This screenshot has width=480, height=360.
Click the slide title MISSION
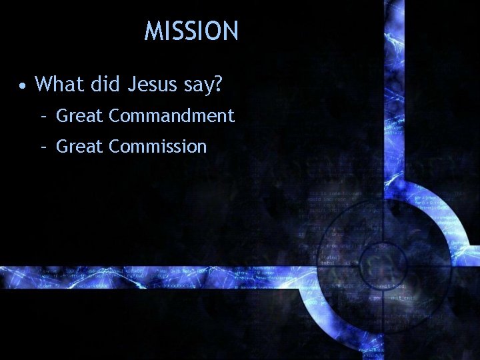click(x=191, y=31)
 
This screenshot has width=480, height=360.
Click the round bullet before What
click(x=23, y=85)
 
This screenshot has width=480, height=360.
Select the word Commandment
click(x=171, y=116)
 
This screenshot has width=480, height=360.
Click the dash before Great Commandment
click(x=43, y=117)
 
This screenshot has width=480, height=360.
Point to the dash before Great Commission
click(x=43, y=147)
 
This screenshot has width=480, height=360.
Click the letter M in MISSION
click(x=153, y=31)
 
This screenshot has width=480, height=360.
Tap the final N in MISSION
click(x=230, y=31)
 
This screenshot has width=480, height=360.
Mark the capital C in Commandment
click(x=115, y=116)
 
